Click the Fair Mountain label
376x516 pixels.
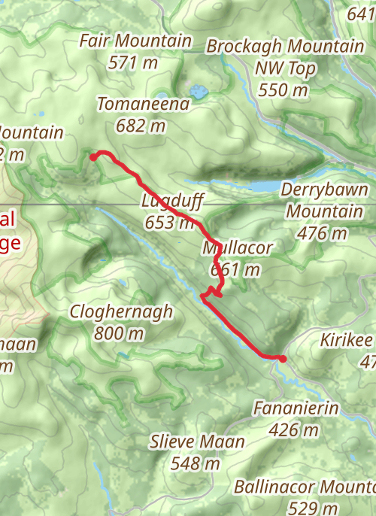(136, 41)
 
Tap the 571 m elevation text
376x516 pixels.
(133, 62)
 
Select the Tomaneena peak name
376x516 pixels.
(143, 105)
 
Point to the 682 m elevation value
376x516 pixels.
(141, 126)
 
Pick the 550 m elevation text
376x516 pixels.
(284, 91)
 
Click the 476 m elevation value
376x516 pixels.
(322, 233)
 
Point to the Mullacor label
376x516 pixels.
(237, 247)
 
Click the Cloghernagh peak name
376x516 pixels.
(121, 311)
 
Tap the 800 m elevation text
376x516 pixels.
(119, 332)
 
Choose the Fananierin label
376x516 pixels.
(297, 409)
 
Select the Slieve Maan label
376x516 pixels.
(197, 442)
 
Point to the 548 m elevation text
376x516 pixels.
(196, 463)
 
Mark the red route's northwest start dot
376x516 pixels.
(94, 157)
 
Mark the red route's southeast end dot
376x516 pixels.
(282, 359)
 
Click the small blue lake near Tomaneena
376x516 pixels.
(199, 93)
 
